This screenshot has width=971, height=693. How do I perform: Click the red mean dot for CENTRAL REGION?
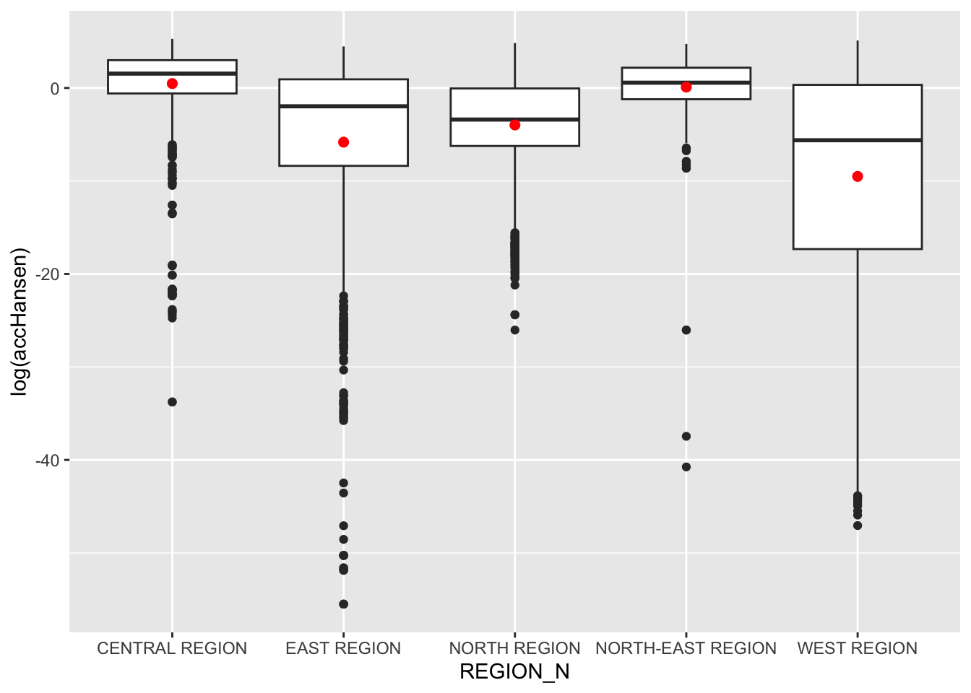click(172, 84)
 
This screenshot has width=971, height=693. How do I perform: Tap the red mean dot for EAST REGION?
click(343, 142)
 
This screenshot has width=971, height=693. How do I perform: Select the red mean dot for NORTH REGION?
click(514, 125)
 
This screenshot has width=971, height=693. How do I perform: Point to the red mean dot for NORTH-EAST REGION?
click(686, 87)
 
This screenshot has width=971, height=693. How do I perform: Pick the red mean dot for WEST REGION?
click(858, 176)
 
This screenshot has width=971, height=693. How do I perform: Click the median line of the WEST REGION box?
click(858, 140)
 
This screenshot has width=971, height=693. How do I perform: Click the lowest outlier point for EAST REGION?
click(343, 604)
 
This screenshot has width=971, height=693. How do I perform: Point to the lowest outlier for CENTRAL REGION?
click(172, 402)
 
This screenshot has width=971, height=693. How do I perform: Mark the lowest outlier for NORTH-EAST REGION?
click(686, 467)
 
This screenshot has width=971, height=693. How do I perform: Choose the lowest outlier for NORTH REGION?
click(514, 330)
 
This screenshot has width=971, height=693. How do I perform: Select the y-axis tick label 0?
click(55, 89)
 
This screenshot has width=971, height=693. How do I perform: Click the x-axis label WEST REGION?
click(858, 648)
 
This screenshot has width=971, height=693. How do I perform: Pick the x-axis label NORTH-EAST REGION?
click(686, 648)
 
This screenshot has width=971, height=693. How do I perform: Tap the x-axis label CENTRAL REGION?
click(172, 648)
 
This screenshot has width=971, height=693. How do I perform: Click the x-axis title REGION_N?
click(514, 672)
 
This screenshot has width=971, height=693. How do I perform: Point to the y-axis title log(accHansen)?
click(20, 321)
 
